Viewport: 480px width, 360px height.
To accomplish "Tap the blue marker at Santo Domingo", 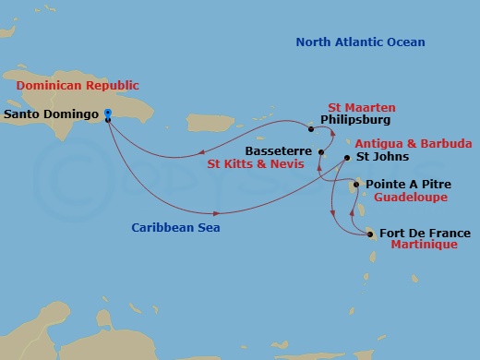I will pos(108,114).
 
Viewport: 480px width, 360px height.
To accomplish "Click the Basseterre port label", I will pos(277,150).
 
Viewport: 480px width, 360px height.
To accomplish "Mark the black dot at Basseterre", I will pos(320,151).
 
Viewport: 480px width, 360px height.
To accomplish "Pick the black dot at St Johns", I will pos(346,158).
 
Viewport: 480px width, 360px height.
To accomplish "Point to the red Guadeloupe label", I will pos(406,198).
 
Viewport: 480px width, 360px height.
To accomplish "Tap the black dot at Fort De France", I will pos(371,234).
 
